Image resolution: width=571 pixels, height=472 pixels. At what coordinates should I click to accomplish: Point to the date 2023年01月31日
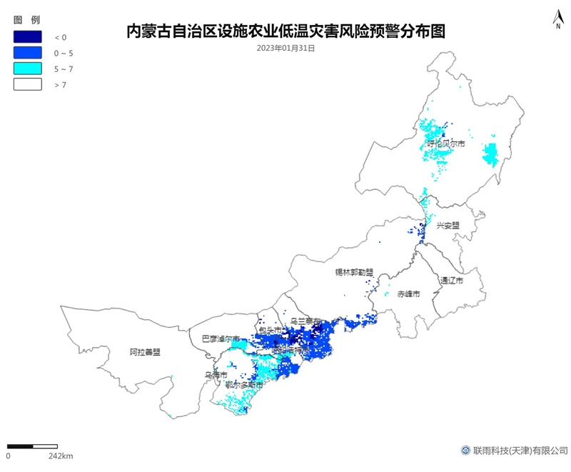pyautogui.click(x=285, y=48)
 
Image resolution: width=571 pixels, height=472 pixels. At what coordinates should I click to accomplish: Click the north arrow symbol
pyautogui.click(x=557, y=19)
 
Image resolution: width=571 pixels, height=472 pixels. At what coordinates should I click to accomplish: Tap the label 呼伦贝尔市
pyautogui.click(x=446, y=144)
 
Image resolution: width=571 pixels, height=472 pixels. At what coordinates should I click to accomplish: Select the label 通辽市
pyautogui.click(x=451, y=281)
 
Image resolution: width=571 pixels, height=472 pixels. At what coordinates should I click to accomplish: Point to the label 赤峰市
pyautogui.click(x=409, y=294)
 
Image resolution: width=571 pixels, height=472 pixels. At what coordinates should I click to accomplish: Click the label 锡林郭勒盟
pyautogui.click(x=355, y=272)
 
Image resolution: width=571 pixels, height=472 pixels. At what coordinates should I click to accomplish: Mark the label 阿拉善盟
pyautogui.click(x=145, y=352)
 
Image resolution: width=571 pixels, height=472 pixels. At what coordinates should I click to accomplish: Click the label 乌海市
pyautogui.click(x=216, y=374)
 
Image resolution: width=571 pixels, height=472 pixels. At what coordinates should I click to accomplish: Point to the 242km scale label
pyautogui.click(x=60, y=456)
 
